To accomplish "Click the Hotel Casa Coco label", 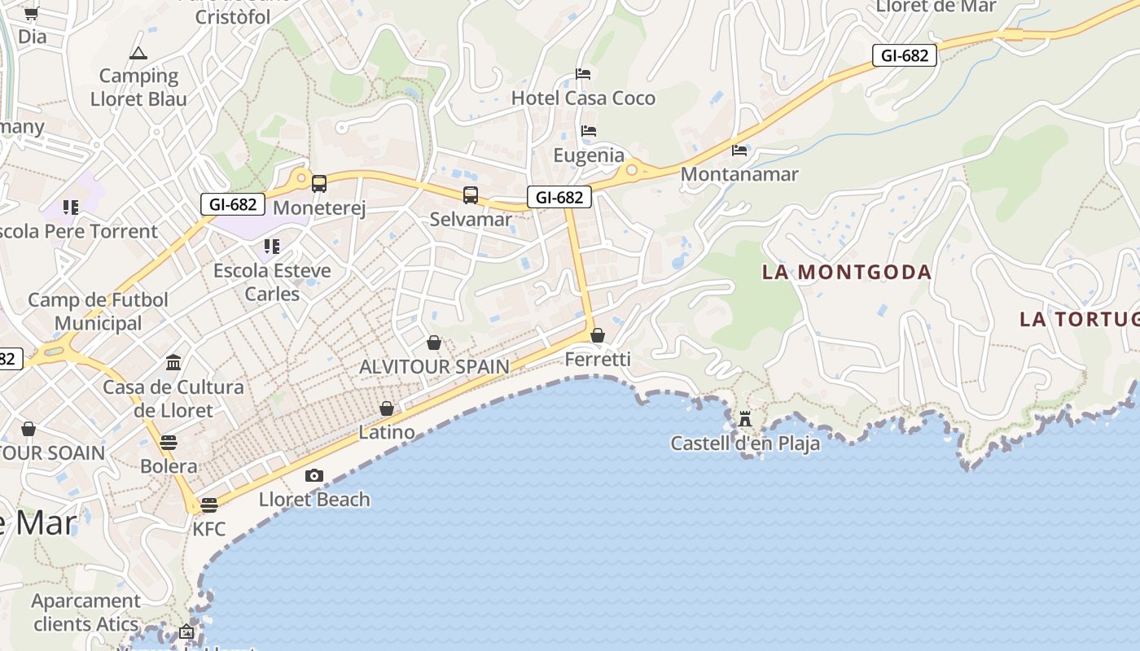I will point(583,98).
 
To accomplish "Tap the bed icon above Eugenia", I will point(589,130).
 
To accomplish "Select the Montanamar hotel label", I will point(739,174).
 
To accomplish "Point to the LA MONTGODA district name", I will point(847,272).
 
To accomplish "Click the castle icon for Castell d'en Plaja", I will point(745,419).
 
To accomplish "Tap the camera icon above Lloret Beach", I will point(314,475).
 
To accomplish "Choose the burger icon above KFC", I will point(209,505).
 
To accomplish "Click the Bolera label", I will point(169,466).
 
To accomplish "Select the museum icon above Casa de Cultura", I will point(173,362).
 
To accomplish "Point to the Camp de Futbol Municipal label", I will point(99,312).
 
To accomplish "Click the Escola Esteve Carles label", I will point(272,282).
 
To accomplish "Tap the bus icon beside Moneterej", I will point(319,184).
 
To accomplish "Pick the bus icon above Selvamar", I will point(471,195).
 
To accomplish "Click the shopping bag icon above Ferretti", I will point(598,335).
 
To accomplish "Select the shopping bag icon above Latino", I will point(387,409).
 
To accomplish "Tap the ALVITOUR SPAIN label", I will point(434,367).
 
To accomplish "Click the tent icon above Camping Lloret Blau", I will point(138,54).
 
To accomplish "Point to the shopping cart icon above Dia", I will point(32,13).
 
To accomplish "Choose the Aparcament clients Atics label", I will point(85,613).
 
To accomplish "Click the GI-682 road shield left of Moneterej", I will point(233,204).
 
